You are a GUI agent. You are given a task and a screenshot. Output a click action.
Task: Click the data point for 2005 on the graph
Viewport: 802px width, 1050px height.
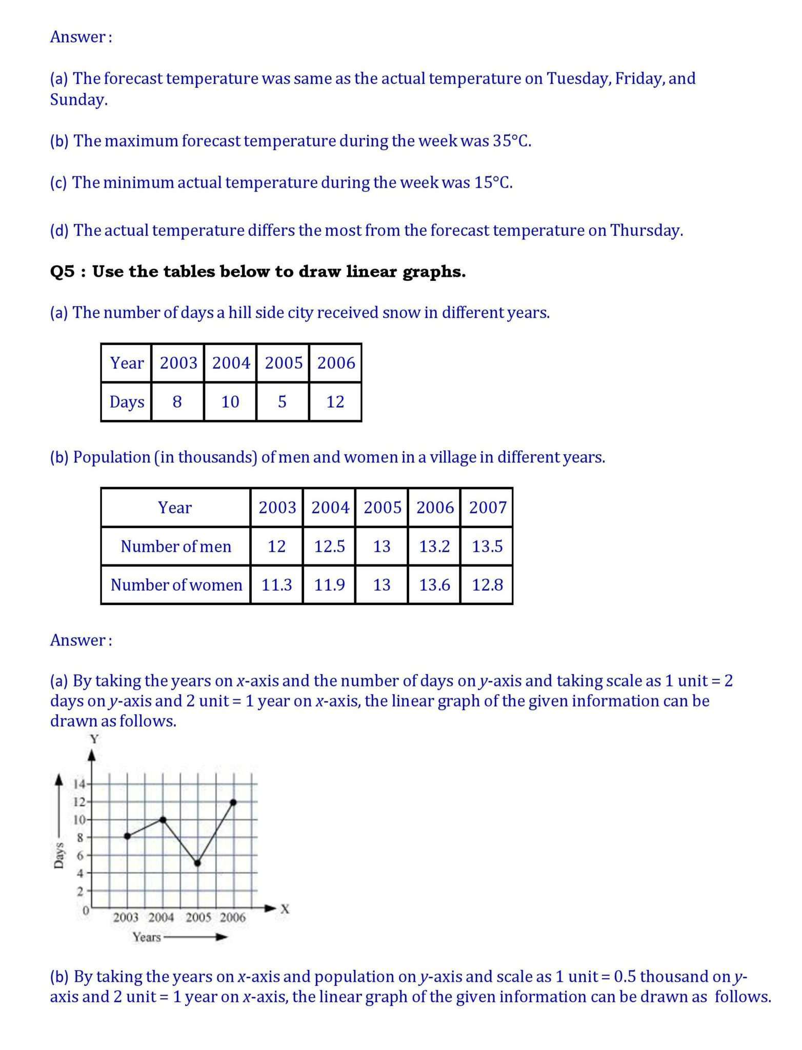click(x=198, y=863)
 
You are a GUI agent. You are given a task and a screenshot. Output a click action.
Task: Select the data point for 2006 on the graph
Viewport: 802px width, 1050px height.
click(x=233, y=802)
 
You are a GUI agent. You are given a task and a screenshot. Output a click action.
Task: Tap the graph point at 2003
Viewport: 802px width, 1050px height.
click(x=127, y=836)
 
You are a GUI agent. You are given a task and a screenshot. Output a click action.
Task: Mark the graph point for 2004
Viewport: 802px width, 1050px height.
click(x=163, y=819)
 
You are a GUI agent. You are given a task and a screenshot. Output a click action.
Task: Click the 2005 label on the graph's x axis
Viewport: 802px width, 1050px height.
click(x=198, y=918)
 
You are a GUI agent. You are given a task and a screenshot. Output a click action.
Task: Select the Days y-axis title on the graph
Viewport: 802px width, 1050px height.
click(x=59, y=855)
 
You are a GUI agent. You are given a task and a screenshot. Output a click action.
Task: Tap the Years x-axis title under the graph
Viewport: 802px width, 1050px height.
click(x=147, y=937)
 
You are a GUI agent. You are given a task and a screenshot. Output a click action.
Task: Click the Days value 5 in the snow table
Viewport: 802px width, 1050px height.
click(x=282, y=402)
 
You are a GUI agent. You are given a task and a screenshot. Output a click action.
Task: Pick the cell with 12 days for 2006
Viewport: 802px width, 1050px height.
click(x=335, y=402)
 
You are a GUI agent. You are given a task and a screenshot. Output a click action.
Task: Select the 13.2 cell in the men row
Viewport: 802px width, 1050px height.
click(x=434, y=547)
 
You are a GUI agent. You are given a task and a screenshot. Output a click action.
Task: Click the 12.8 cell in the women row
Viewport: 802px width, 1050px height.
click(x=487, y=585)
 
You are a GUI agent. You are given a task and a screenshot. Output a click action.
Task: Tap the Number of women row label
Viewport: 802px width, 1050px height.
click(x=176, y=585)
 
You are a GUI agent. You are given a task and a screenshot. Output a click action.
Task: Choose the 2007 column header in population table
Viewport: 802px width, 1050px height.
click(x=487, y=508)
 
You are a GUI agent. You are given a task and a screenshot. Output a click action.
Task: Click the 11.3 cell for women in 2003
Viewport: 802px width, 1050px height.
click(x=276, y=585)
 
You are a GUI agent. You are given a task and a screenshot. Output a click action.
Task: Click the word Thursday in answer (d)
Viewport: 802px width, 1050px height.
click(x=646, y=231)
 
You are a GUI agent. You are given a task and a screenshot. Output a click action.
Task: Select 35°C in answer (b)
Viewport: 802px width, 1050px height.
click(x=511, y=141)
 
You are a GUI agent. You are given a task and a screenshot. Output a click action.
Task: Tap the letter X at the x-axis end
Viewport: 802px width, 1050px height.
click(x=285, y=909)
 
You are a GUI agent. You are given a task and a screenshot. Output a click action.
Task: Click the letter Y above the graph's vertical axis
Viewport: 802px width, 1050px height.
click(x=94, y=739)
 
